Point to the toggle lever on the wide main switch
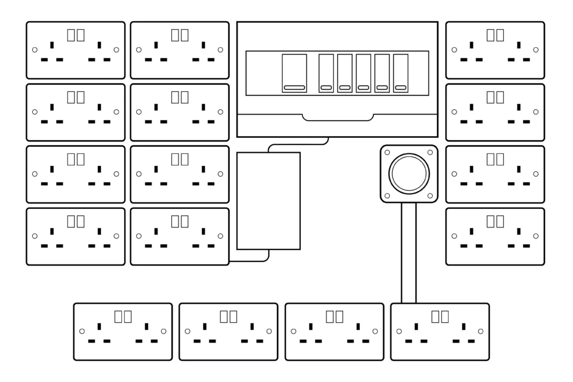pos(294,88)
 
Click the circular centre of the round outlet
pos(409,174)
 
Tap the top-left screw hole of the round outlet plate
pos(387,152)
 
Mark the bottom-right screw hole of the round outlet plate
pos(430,196)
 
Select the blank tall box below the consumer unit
pos(268,201)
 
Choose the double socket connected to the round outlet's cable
pos(440,332)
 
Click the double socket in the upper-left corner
pos(76,50)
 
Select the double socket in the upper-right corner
pos(495,50)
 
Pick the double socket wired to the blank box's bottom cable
pos(180,236)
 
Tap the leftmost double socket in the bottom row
pos(123,332)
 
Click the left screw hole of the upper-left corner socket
pos(35,50)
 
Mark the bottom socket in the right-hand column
pos(495,236)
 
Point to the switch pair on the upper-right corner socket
pos(495,35)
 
